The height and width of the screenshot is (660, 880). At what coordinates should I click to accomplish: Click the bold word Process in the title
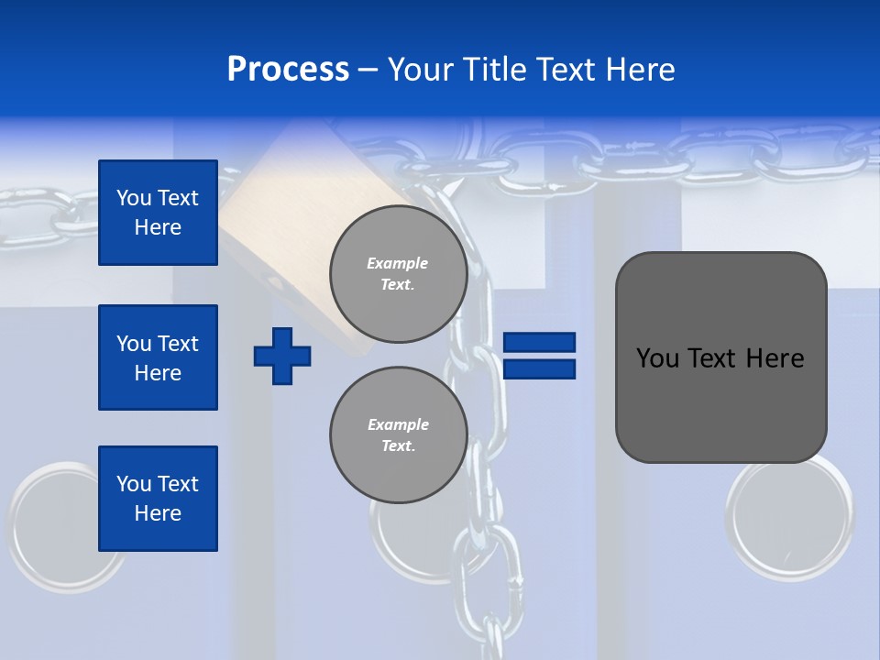288,70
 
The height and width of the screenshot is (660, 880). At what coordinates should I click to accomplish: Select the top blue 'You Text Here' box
158,213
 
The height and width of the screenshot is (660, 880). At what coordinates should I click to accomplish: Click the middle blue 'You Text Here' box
158,357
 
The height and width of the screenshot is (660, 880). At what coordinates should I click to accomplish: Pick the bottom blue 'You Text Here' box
158,499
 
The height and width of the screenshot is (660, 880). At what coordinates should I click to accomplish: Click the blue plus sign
282,356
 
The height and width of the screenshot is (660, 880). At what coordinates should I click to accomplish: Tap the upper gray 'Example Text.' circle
398,274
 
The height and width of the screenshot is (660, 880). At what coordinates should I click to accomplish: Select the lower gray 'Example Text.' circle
398,435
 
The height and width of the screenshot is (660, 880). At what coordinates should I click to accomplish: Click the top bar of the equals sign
540,342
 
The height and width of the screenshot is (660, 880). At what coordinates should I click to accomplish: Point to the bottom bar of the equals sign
540,369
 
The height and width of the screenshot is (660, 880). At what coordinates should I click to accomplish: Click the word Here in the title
636,70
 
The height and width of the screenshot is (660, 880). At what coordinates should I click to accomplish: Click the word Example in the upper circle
398,263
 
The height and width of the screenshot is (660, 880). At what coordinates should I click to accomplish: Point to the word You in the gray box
656,358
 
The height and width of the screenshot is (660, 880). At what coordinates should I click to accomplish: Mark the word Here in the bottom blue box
158,514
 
